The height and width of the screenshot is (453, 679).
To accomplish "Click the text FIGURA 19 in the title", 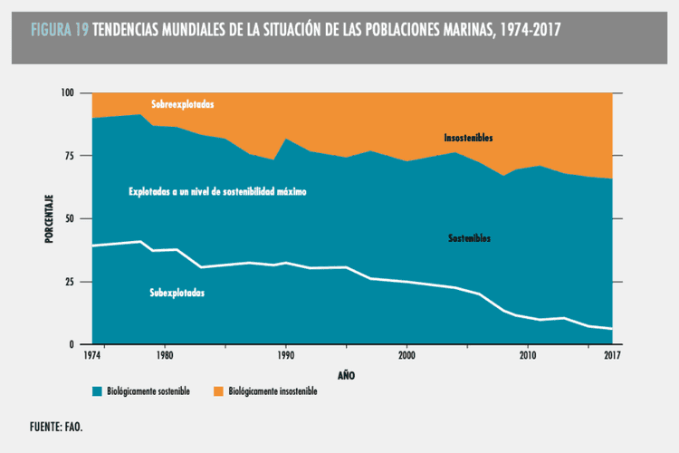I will (x=59, y=30).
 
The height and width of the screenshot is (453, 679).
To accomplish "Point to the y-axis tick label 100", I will (x=68, y=93).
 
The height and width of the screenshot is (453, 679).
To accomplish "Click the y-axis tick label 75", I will (x=71, y=156).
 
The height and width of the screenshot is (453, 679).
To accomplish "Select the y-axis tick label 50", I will (x=71, y=219).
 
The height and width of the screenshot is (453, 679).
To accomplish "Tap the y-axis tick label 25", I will (x=71, y=282).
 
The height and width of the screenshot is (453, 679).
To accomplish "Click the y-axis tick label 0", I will (x=73, y=345).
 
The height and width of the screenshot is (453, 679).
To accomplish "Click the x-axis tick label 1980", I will (x=164, y=357).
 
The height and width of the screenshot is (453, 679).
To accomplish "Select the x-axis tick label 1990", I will (x=285, y=357).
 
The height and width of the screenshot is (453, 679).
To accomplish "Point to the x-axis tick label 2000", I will (x=406, y=357).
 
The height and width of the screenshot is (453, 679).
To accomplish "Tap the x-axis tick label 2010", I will (x=528, y=357).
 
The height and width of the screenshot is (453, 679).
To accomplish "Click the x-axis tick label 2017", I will (x=612, y=357).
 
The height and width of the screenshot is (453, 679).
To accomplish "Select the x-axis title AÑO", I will (x=346, y=374).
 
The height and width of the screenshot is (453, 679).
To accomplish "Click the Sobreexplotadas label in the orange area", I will (x=183, y=104).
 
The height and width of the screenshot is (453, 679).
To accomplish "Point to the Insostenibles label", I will (x=468, y=138).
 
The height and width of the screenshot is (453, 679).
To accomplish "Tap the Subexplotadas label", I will (x=177, y=293).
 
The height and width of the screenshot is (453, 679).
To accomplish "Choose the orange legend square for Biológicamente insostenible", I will (x=218, y=391).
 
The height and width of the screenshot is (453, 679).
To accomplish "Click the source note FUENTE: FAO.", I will (x=61, y=425).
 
